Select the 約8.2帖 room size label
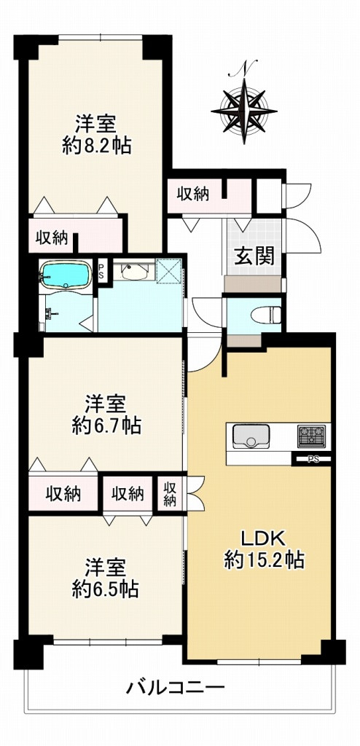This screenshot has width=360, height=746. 96,146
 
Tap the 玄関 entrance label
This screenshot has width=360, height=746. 254,256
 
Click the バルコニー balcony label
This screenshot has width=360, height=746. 175,686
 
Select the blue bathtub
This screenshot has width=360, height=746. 65,276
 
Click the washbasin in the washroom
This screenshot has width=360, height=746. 133,272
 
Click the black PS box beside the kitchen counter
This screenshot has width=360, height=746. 312,459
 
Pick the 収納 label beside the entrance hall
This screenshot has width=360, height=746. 192,194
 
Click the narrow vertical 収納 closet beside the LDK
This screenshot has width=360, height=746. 170,494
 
